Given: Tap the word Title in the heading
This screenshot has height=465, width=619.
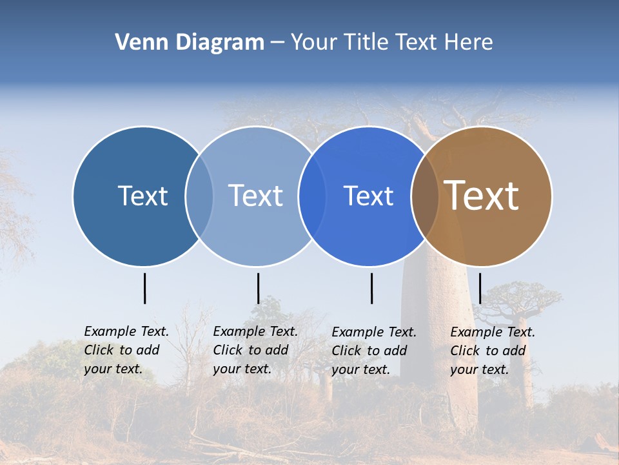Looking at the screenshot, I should click(368, 43).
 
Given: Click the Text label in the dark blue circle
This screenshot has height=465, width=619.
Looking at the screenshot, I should click(142, 196).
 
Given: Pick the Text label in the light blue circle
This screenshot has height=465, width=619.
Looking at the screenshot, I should click(255, 196).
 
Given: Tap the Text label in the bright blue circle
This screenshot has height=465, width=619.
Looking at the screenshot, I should click(368, 196).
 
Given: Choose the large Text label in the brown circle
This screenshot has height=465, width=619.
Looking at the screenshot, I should click(482, 196).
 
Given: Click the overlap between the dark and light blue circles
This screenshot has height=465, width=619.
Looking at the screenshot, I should click(199, 196).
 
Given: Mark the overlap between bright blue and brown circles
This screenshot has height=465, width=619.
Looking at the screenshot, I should click(425, 196).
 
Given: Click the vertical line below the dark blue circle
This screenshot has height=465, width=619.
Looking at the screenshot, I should click(144, 288).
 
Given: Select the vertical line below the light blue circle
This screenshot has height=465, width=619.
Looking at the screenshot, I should click(258, 288).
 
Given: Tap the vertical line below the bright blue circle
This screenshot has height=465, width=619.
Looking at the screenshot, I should click(371, 288).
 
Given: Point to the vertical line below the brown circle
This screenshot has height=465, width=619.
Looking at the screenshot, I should click(480, 288).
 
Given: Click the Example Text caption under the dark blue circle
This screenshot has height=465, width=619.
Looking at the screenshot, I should click(126, 350).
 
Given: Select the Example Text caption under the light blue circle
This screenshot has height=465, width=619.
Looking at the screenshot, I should click(255, 350).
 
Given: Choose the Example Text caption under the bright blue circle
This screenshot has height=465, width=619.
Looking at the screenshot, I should click(374, 351).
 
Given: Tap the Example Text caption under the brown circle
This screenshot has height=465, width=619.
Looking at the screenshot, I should click(493, 351).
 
